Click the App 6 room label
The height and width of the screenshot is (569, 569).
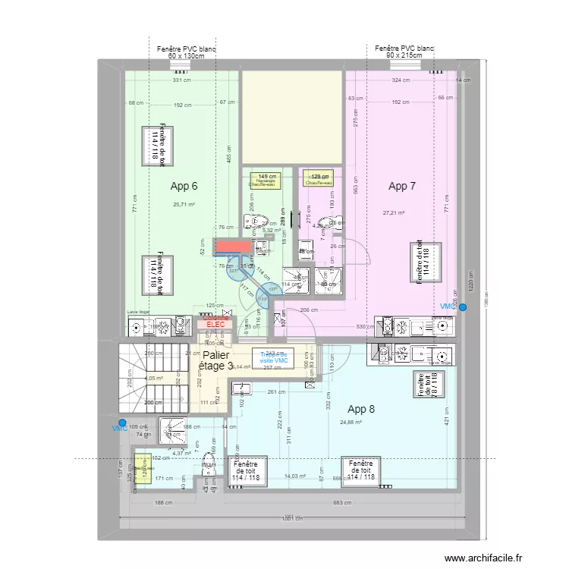(x=184, y=186)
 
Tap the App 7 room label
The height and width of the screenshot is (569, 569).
(x=402, y=186)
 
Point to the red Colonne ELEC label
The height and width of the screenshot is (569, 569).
(x=214, y=323)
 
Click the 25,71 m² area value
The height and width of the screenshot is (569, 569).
(x=184, y=204)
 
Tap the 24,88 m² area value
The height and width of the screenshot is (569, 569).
(x=351, y=423)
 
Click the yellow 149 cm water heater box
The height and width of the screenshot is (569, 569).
(x=266, y=179)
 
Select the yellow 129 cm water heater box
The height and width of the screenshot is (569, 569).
(x=319, y=179)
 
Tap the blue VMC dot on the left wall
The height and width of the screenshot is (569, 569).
(x=122, y=423)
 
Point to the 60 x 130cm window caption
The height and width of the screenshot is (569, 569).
(x=186, y=56)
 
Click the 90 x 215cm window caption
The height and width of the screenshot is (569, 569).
(x=403, y=56)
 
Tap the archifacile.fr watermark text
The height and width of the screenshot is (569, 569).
(x=483, y=558)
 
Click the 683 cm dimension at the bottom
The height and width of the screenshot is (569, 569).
(x=343, y=502)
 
